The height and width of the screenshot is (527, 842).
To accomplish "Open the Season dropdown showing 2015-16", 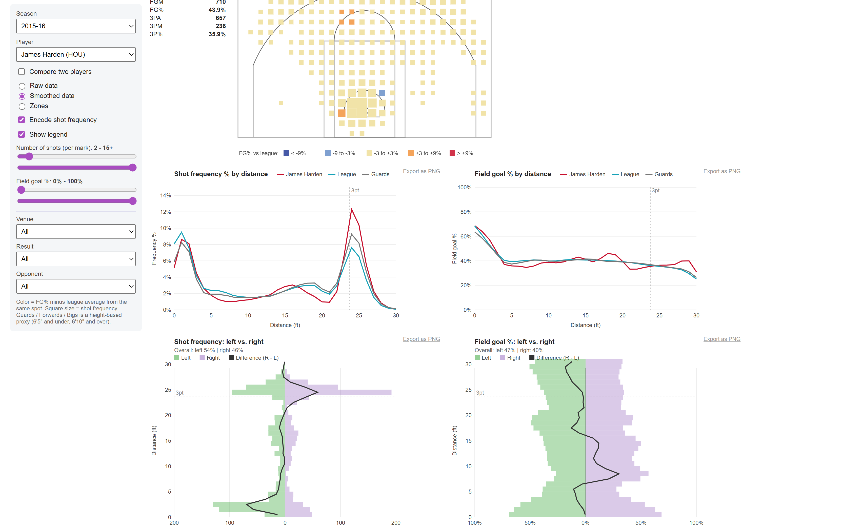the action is click(x=76, y=26).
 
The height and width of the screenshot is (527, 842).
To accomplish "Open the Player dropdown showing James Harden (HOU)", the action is click(x=76, y=54).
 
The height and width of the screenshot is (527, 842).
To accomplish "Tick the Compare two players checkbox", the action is click(x=22, y=72).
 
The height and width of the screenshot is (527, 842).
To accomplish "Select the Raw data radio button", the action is click(x=22, y=86).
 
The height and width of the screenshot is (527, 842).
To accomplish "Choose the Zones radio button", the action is click(x=22, y=106).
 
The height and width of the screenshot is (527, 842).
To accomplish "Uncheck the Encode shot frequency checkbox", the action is click(x=22, y=120).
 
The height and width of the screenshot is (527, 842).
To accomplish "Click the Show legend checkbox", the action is click(x=22, y=135).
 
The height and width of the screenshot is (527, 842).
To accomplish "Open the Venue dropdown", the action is click(x=76, y=231).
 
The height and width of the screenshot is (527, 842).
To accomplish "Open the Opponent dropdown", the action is click(x=76, y=286).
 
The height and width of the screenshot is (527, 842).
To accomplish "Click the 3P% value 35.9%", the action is click(x=217, y=34).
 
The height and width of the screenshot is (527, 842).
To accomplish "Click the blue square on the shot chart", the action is click(x=382, y=93).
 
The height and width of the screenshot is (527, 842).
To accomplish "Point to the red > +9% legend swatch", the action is click(x=452, y=153).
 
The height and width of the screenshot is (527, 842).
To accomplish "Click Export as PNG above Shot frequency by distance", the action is click(x=421, y=171).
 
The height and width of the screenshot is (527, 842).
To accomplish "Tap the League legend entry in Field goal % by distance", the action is click(x=626, y=174).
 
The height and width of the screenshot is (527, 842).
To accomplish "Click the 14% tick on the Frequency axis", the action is click(x=166, y=195).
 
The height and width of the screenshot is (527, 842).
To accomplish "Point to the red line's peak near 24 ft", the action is click(x=351, y=209).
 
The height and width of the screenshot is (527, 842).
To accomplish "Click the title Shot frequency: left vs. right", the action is click(x=219, y=341).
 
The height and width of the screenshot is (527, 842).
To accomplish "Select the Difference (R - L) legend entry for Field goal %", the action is click(x=554, y=358).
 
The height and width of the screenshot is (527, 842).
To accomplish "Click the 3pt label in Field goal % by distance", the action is click(x=655, y=190).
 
